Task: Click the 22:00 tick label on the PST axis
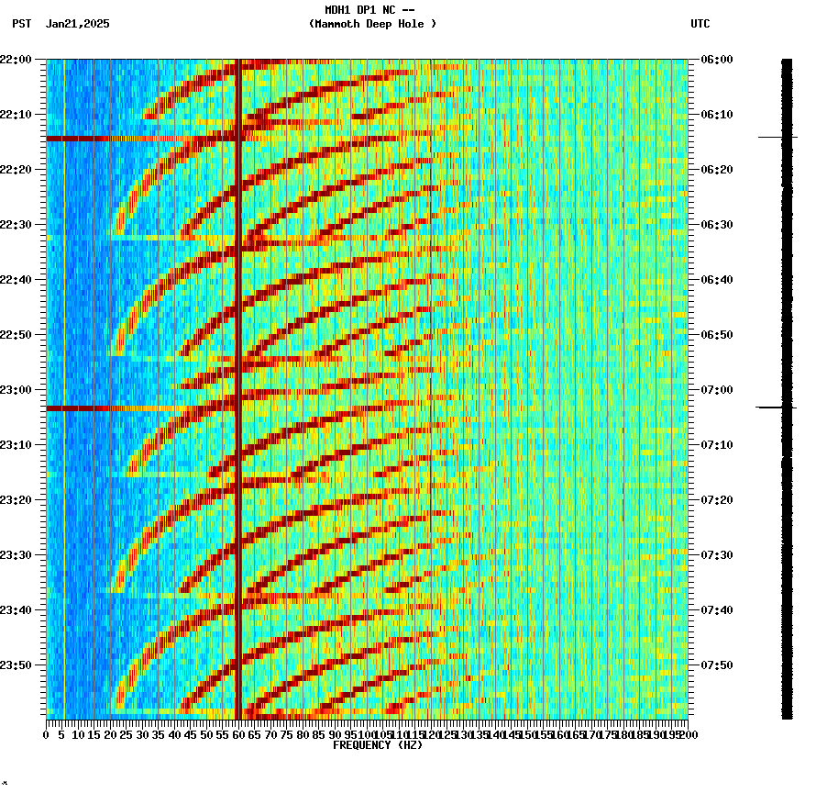16,60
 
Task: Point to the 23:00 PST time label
16,390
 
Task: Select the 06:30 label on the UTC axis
716,225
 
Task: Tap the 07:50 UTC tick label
716,665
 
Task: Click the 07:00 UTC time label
716,390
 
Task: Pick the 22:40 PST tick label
16,280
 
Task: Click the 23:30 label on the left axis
16,555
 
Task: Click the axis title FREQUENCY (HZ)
377,745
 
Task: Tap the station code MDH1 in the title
340,10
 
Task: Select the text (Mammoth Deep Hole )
372,24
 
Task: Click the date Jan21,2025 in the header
77,24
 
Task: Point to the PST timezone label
22,24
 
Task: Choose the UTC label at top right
700,24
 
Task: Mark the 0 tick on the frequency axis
47,735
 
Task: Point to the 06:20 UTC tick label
716,170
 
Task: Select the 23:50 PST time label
16,665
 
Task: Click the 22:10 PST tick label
16,115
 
